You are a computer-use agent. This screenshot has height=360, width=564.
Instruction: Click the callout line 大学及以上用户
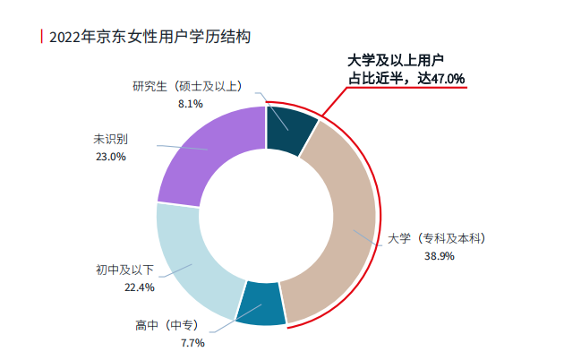[397, 62]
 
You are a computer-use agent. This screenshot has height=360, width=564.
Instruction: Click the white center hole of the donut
[266, 215]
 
